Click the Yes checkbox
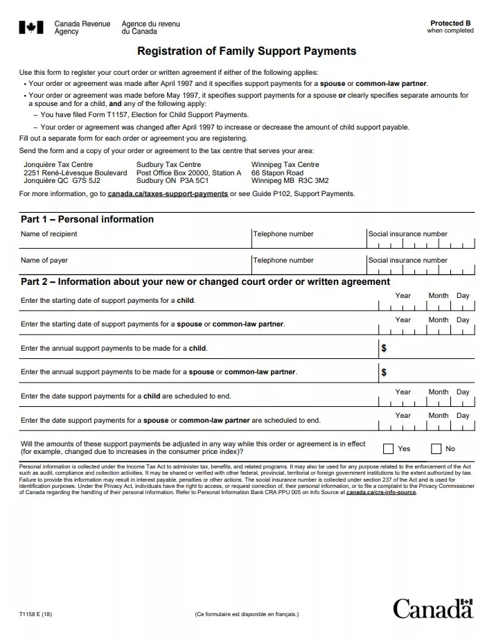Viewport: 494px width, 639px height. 388,448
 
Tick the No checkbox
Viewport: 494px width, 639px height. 436,448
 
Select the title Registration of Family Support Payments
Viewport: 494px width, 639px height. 247,51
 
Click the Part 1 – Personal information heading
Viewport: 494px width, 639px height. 87,219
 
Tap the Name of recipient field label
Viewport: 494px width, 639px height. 49,234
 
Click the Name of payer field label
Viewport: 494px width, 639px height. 44,261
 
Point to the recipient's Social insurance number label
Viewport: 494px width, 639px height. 407,234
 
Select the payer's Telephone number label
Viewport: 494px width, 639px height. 283,261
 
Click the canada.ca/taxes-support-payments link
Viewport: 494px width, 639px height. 168,194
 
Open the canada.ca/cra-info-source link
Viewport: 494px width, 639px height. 381,492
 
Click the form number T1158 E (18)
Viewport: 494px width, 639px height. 36,614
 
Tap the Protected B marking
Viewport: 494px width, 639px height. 450,24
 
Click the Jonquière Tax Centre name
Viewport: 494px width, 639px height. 58,165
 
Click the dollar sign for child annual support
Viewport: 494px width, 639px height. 384,348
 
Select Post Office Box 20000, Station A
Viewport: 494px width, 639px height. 189,173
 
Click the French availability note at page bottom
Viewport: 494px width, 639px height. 247,614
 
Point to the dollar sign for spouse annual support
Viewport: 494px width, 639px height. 384,372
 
